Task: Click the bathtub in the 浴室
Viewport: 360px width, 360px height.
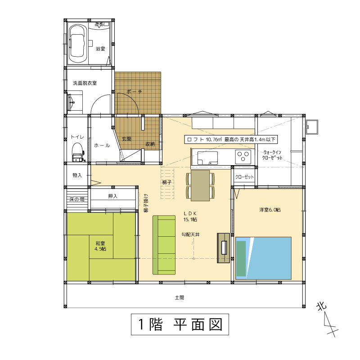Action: (78, 44)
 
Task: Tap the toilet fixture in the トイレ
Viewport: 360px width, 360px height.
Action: (78, 153)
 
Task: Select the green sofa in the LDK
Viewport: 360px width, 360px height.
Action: (164, 245)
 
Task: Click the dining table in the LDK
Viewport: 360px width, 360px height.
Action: (200, 185)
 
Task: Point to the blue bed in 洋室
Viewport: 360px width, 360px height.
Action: (264, 258)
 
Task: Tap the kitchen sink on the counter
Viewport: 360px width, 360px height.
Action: (207, 158)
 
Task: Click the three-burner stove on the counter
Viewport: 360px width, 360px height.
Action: (243, 157)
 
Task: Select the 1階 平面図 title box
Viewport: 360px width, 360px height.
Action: (180, 324)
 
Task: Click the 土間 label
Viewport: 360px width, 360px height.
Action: (179, 297)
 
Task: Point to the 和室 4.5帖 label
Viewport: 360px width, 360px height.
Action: (100, 246)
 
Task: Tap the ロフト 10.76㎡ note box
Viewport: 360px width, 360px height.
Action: (231, 139)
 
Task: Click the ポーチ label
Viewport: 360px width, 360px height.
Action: (134, 92)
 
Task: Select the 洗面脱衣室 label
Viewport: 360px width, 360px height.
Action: (85, 83)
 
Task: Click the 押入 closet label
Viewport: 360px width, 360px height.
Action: (113, 196)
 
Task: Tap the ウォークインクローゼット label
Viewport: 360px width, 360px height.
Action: (272, 155)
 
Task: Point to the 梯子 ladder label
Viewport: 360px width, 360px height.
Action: (166, 182)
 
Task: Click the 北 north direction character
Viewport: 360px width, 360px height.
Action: (321, 306)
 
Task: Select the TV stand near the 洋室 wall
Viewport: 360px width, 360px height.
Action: (223, 248)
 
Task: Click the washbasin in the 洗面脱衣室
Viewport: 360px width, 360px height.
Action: (71, 103)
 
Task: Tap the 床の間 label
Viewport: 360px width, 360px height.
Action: (77, 199)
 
